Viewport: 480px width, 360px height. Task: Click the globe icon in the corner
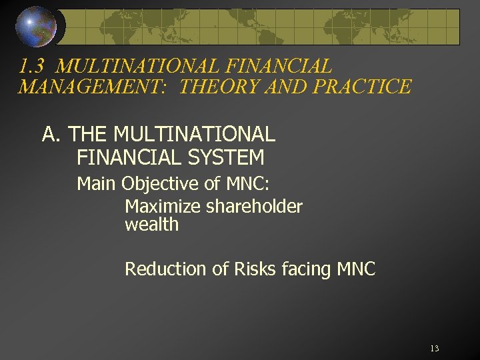[35, 27]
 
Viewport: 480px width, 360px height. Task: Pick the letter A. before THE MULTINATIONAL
[52, 135]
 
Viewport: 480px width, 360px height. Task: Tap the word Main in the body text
[96, 183]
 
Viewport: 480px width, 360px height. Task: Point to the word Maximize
[162, 207]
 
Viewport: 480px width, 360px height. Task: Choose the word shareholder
[254, 207]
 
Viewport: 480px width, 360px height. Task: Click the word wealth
[151, 225]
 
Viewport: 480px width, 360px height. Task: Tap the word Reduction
[165, 269]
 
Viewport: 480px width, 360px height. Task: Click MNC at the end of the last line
[357, 269]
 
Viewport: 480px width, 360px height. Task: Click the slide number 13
[435, 349]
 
